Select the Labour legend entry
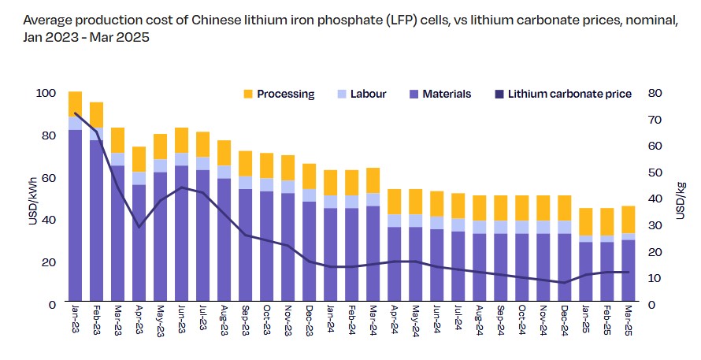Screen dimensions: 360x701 [361, 94]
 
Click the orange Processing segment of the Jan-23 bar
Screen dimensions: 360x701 [76, 104]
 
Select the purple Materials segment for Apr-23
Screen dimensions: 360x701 [139, 244]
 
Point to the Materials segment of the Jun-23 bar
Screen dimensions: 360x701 [182, 236]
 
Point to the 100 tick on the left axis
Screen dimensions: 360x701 [46, 93]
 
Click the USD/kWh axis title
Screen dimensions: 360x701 [32, 199]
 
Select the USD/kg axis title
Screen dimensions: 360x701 [680, 199]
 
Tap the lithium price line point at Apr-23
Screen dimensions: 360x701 [139, 227]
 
